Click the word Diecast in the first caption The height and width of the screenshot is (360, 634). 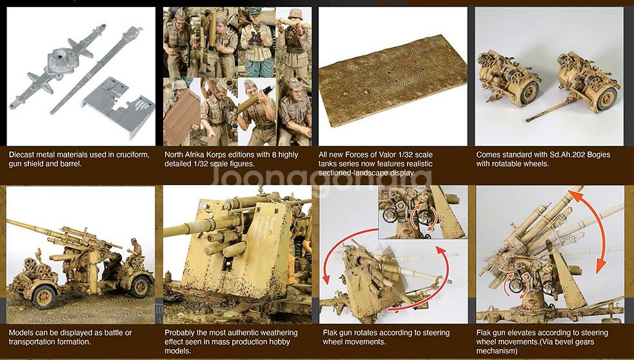click(21, 155)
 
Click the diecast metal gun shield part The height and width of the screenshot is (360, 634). click(119, 106)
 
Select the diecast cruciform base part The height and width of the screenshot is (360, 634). click(57, 66)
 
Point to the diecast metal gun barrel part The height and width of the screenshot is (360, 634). click(96, 70)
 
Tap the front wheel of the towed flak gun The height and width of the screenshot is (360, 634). click(44, 296)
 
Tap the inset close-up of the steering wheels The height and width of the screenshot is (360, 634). click(422, 212)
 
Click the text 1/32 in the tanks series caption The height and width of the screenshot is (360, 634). click(410, 155)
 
